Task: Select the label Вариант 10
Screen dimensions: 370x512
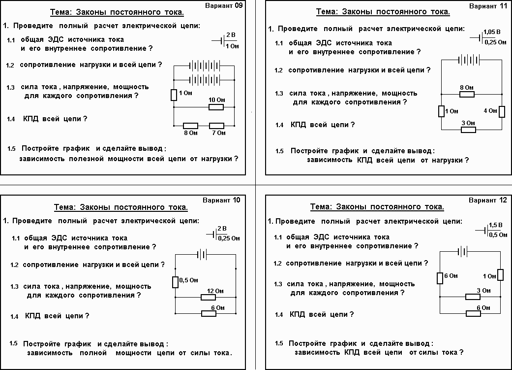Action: tap(222, 200)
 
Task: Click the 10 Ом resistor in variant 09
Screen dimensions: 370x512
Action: tap(216, 106)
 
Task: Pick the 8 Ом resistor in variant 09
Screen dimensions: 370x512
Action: tap(190, 126)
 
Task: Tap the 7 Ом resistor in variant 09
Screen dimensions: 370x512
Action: tap(216, 126)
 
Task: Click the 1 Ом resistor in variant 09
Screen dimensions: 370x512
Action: tap(174, 95)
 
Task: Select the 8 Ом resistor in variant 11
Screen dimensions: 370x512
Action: tap(467, 94)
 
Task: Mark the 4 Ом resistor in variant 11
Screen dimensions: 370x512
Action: tap(501, 111)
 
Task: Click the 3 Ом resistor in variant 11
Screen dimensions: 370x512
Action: tap(468, 130)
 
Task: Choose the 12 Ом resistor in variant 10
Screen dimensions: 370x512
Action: tap(209, 297)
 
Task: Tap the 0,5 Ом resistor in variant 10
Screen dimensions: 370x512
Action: tap(175, 282)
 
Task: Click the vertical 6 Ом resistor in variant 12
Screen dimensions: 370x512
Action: tap(440, 278)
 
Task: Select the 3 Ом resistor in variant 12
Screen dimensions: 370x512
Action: tap(473, 297)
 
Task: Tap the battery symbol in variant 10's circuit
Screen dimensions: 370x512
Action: tap(202, 254)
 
